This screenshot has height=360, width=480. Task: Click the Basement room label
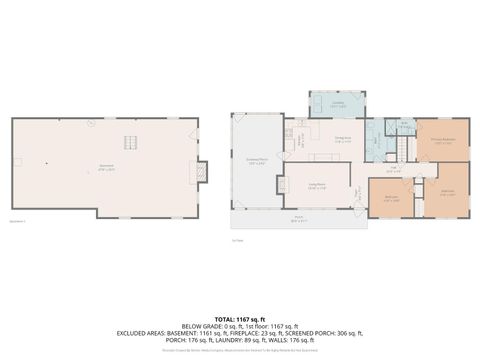point(104,169)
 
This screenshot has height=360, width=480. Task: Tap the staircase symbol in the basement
point(130,142)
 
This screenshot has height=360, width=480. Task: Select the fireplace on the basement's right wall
point(203,172)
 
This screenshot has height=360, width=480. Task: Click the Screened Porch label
point(256,161)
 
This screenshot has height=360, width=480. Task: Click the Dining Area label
point(342,141)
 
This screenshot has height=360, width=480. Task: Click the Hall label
point(395,170)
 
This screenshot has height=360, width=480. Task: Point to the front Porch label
point(298,217)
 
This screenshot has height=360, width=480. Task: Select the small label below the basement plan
point(18,221)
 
